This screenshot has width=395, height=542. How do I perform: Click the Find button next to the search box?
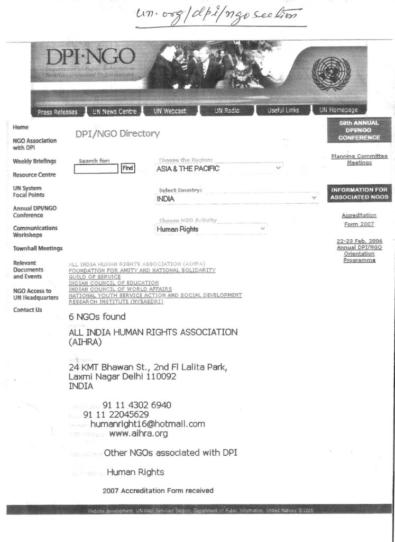[x=127, y=168]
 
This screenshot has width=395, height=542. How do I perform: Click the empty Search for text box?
[x=96, y=169]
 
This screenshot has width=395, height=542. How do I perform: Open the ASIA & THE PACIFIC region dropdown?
[x=219, y=168]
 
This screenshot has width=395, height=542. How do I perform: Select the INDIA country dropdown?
[x=236, y=198]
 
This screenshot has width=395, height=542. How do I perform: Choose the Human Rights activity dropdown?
[x=211, y=229]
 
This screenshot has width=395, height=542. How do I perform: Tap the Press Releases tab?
[x=58, y=112]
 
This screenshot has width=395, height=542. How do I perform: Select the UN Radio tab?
[x=227, y=111]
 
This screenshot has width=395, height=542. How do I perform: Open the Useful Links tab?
[x=283, y=111]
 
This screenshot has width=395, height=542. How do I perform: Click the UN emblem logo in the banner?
[x=331, y=74]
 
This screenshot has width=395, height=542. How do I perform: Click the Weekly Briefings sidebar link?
[x=34, y=161]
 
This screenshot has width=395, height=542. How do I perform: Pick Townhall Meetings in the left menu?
[x=38, y=248]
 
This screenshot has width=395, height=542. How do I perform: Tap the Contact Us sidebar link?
[x=27, y=310]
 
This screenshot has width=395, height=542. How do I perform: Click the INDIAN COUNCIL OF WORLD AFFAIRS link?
[x=120, y=289]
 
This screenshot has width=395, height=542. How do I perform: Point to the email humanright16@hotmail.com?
[x=148, y=424]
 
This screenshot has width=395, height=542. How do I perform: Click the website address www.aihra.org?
[x=139, y=434]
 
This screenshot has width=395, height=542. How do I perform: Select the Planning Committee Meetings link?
[x=359, y=159]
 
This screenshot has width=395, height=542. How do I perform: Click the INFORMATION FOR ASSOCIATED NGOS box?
[x=360, y=193]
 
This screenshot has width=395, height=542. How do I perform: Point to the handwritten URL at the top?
[x=219, y=17]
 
